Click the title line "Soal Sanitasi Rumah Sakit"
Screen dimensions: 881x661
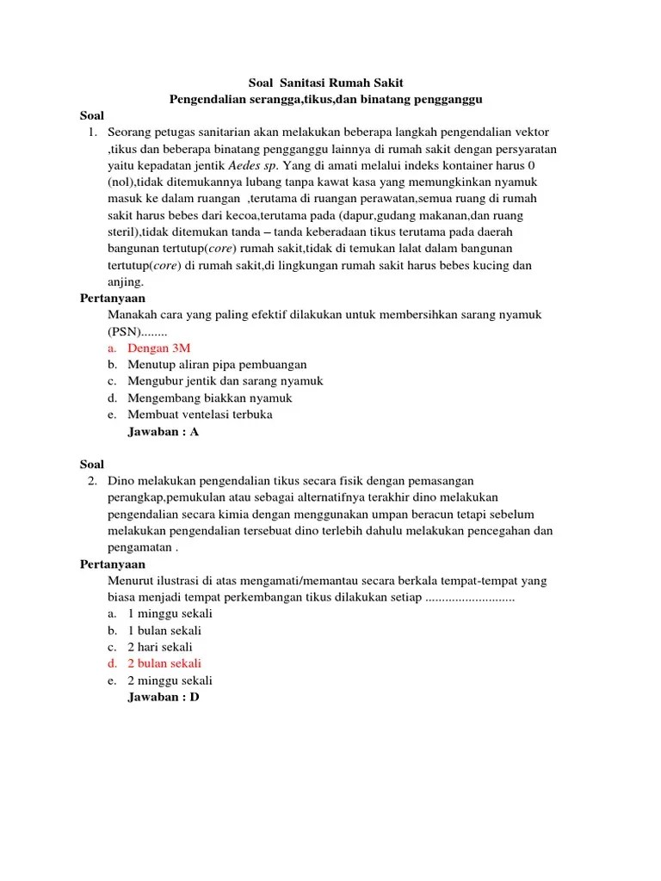point(324,83)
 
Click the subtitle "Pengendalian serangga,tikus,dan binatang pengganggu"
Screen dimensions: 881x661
point(324,99)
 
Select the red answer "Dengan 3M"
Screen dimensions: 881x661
point(159,348)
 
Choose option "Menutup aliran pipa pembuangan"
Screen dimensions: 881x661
point(217,365)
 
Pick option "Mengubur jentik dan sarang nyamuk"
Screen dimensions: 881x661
point(225,381)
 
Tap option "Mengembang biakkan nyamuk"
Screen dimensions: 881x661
point(210,397)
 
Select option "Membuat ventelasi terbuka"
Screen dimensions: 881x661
point(200,415)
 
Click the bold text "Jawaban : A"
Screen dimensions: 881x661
point(164,432)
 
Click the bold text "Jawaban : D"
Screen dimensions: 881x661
point(164,697)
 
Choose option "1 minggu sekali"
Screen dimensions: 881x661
point(170,614)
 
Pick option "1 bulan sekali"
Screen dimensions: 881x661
point(164,631)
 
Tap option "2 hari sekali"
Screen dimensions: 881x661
point(160,647)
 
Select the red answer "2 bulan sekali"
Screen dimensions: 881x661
point(164,663)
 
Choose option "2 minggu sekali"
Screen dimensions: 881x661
point(170,681)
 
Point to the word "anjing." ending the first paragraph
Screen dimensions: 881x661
point(127,282)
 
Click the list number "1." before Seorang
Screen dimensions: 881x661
point(93,132)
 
